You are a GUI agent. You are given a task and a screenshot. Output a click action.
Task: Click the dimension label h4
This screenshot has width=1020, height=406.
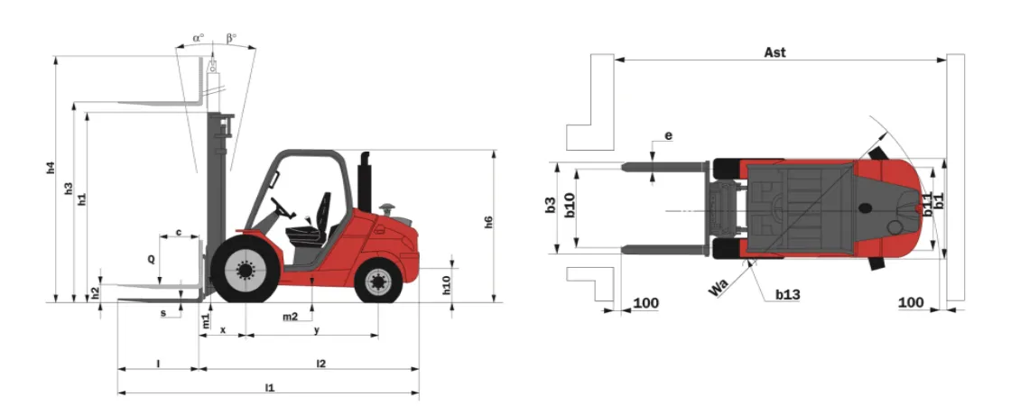[51, 167]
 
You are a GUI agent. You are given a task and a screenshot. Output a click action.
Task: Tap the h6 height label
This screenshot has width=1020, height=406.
[488, 222]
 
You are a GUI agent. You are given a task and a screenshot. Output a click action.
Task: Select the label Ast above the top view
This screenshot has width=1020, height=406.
[774, 52]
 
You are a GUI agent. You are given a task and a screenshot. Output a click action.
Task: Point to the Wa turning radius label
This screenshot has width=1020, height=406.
[718, 288]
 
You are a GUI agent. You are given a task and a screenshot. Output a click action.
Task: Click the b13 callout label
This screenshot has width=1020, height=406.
[787, 295]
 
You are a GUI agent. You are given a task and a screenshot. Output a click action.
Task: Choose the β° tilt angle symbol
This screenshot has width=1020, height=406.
[232, 39]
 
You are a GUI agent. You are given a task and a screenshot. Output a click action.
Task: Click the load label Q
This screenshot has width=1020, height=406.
[151, 259]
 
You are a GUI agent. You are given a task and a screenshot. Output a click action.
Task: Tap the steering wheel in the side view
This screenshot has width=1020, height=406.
[283, 208]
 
